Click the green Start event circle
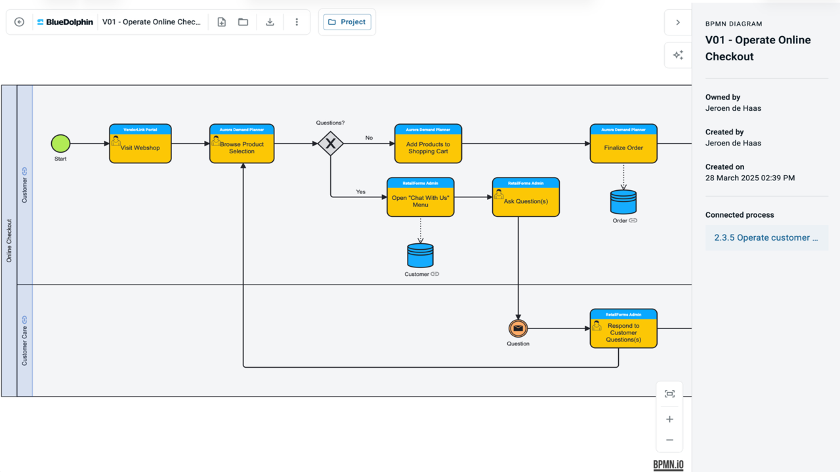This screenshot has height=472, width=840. [x=60, y=144]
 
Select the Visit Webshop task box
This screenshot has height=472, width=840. [x=140, y=144]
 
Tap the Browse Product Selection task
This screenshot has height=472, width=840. [x=242, y=144]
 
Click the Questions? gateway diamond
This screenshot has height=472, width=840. [x=330, y=144]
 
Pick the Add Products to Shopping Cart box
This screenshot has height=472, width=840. [x=429, y=144]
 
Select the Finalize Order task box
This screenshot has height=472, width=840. [x=623, y=144]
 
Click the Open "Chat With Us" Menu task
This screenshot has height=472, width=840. [x=421, y=197]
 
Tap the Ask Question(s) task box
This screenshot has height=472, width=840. [x=526, y=197]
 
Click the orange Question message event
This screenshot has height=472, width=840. [x=518, y=328]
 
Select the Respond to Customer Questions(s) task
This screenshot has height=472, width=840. [x=623, y=328]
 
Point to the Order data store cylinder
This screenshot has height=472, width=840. [x=623, y=202]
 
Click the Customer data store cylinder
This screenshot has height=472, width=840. [x=421, y=256]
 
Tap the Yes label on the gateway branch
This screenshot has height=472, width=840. [x=361, y=192]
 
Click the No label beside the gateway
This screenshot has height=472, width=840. [x=369, y=138]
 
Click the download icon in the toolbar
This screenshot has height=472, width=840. [x=270, y=22]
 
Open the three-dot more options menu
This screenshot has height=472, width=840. [x=297, y=22]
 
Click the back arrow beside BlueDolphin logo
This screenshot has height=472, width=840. [x=19, y=22]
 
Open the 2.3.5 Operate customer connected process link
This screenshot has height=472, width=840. [x=766, y=237]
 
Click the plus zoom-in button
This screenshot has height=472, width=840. [x=669, y=419]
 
